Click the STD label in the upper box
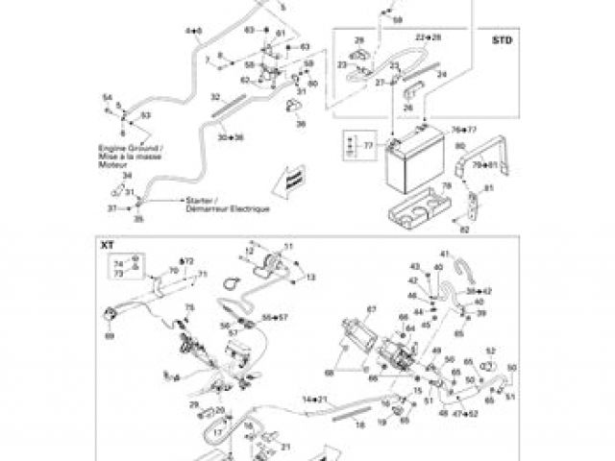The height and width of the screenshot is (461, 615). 501,41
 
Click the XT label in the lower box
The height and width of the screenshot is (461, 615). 107,246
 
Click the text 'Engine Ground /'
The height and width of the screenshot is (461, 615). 132,149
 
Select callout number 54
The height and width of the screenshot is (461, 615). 108,98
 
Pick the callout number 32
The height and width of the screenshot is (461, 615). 215,96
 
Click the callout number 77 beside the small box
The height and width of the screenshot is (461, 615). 367,146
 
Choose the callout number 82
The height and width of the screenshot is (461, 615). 463,230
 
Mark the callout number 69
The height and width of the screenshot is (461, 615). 109,337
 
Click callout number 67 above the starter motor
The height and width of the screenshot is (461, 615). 369,308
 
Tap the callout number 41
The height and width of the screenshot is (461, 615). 443,253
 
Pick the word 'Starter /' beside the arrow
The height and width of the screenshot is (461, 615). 186,200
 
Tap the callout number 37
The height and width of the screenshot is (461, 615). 111,208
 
